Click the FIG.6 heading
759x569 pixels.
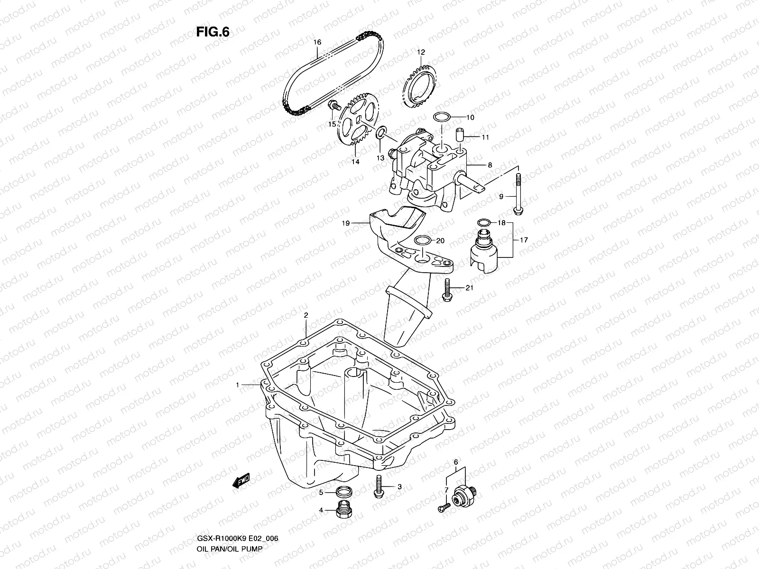(x=213, y=32)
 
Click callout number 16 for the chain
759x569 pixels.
(x=317, y=42)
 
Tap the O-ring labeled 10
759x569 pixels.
(x=441, y=117)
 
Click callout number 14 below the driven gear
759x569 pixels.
(x=355, y=162)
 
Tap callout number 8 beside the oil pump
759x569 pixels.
(x=490, y=165)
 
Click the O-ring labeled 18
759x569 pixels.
(x=483, y=222)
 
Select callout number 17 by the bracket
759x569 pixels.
(x=524, y=240)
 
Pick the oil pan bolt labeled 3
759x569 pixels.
(x=379, y=487)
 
